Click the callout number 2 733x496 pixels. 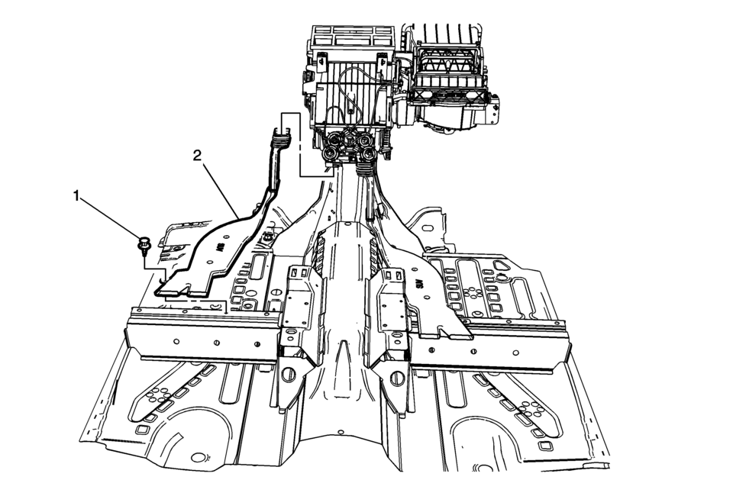click(198, 156)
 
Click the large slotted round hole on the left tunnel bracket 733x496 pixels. click(288, 374)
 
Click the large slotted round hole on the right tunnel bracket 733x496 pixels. click(397, 376)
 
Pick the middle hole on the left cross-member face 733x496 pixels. click(216, 343)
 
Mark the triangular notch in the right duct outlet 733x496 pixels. click(441, 332)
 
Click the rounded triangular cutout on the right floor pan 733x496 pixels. click(501, 266)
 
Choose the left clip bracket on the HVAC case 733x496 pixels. click(322, 62)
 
